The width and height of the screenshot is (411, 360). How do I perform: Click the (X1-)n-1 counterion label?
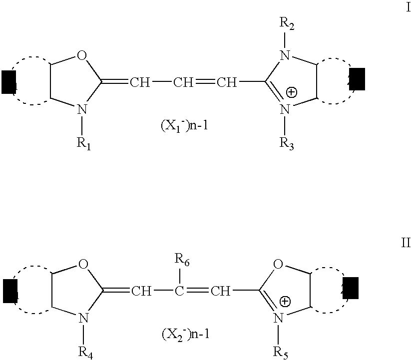(x=184, y=126)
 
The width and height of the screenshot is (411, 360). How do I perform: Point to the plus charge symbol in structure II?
(x=285, y=301)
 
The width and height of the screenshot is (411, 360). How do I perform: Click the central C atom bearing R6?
(x=183, y=291)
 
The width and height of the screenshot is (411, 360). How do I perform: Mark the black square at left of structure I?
(x=8, y=82)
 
